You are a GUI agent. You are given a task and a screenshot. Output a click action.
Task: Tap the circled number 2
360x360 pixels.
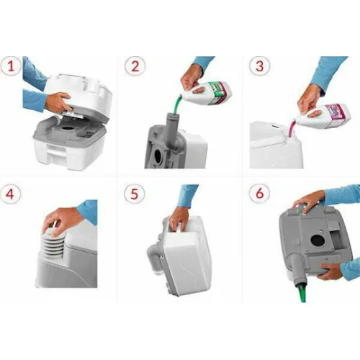[x=134, y=68]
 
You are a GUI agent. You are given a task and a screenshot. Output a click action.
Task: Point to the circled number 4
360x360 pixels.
[x=12, y=194]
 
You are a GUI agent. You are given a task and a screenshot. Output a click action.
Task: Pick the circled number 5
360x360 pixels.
[x=134, y=194]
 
